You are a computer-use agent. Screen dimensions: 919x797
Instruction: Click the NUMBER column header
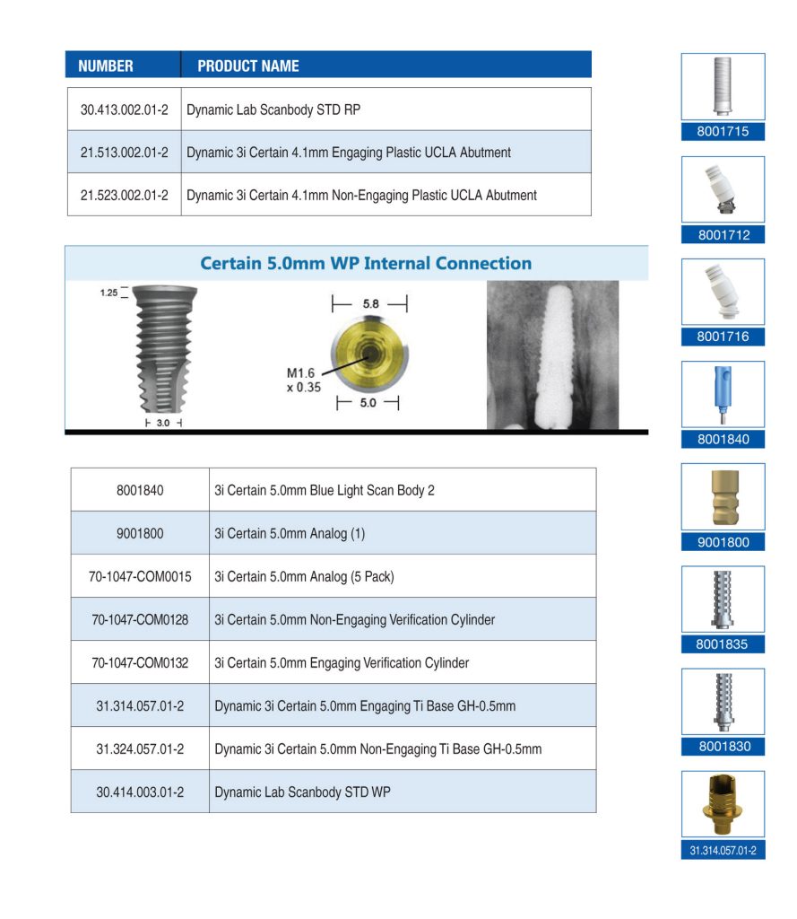pos(106,66)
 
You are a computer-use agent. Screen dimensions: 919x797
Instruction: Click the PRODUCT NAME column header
pos(248,66)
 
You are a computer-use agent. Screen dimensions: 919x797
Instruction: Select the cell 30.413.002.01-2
pos(124,109)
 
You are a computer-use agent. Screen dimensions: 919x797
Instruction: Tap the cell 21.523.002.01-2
pos(124,195)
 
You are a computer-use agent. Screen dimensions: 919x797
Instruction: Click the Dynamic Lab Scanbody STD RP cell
pos(273,109)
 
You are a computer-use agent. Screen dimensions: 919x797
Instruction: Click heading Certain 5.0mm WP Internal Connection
pos(365,263)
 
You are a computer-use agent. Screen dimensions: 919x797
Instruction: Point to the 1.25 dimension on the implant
pos(109,292)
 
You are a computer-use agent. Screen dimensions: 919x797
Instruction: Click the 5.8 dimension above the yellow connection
pos(369,303)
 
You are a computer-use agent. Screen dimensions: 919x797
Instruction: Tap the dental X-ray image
pos(552,354)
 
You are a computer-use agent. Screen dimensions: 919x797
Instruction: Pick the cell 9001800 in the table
pos(140,533)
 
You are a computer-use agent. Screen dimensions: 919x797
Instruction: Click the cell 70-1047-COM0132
pos(140,662)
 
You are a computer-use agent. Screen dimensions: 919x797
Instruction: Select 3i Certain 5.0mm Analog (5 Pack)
pos(304,576)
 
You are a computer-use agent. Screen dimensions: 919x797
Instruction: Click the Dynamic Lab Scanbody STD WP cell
pos(302,792)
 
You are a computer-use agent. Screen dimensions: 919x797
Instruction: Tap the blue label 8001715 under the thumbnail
pos(723,132)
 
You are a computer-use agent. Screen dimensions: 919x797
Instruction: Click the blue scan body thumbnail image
pos(723,394)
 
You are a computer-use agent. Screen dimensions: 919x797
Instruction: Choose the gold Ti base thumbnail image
pos(723,804)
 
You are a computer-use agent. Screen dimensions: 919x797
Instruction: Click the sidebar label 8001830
pos(723,746)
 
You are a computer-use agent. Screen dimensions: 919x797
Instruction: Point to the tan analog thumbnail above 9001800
pos(723,496)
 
